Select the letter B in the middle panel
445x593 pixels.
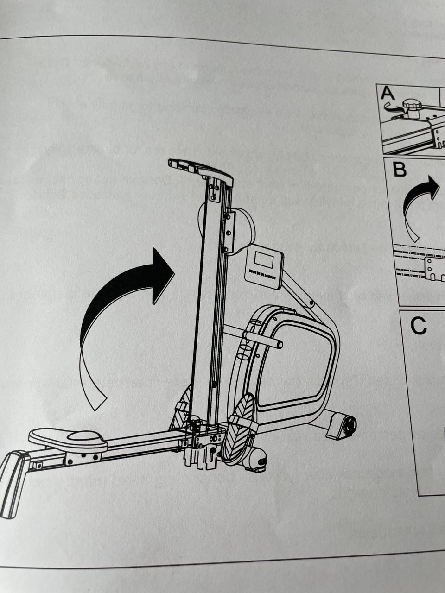400,170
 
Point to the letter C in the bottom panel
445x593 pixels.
418,326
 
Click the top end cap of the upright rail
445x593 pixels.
200,169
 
